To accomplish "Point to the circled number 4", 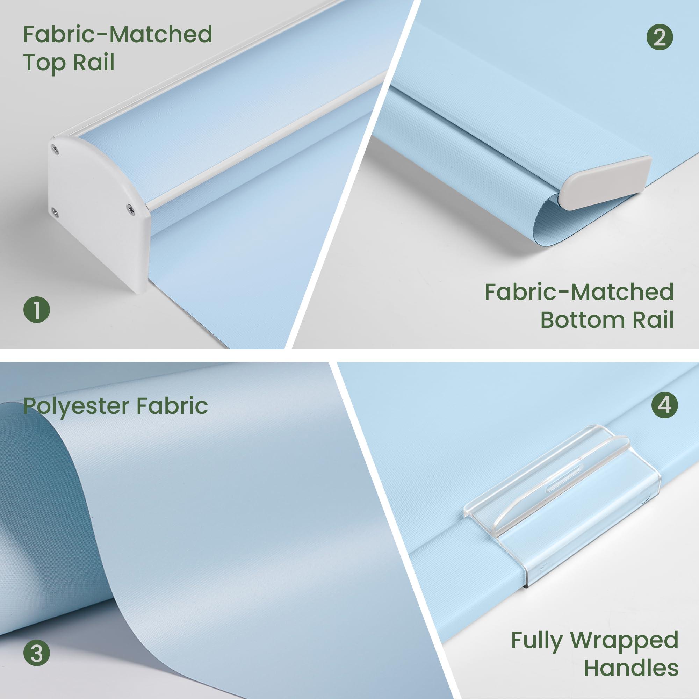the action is tap(665, 405).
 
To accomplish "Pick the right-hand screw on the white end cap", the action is tap(129, 207).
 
